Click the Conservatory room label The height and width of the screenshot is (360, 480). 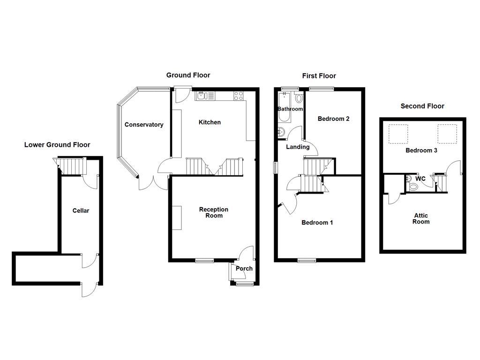[144, 125]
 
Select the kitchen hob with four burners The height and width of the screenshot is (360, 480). [239, 96]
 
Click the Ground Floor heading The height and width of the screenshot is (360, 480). [188, 75]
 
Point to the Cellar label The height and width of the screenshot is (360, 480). [81, 210]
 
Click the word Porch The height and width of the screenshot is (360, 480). [244, 269]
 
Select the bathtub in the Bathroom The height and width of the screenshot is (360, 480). [284, 107]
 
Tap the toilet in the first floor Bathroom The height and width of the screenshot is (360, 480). [299, 98]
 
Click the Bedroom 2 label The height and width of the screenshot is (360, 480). [333, 119]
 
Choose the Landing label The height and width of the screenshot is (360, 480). [298, 147]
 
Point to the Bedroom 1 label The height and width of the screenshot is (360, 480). [317, 222]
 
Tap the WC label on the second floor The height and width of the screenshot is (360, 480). [420, 179]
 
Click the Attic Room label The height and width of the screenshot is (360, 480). [420, 218]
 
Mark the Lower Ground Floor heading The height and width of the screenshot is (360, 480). [57, 145]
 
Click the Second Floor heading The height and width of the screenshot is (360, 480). [422, 106]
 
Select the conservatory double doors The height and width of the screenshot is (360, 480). [153, 184]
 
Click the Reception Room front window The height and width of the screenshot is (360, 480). [204, 261]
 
